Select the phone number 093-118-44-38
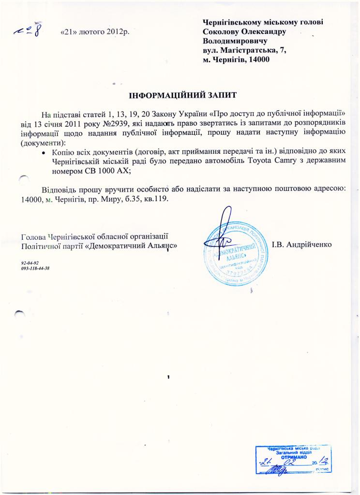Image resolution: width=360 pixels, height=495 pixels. coord(36,268)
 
